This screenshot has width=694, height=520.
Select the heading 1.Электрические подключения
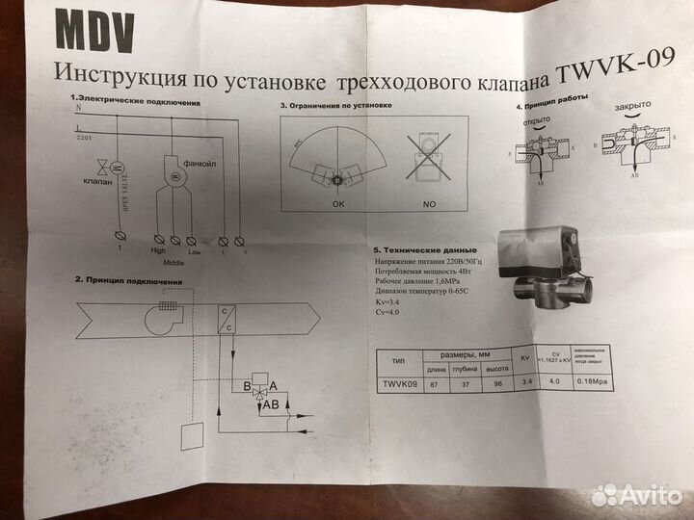tap(134, 100)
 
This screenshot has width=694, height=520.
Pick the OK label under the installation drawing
tap(336, 203)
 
